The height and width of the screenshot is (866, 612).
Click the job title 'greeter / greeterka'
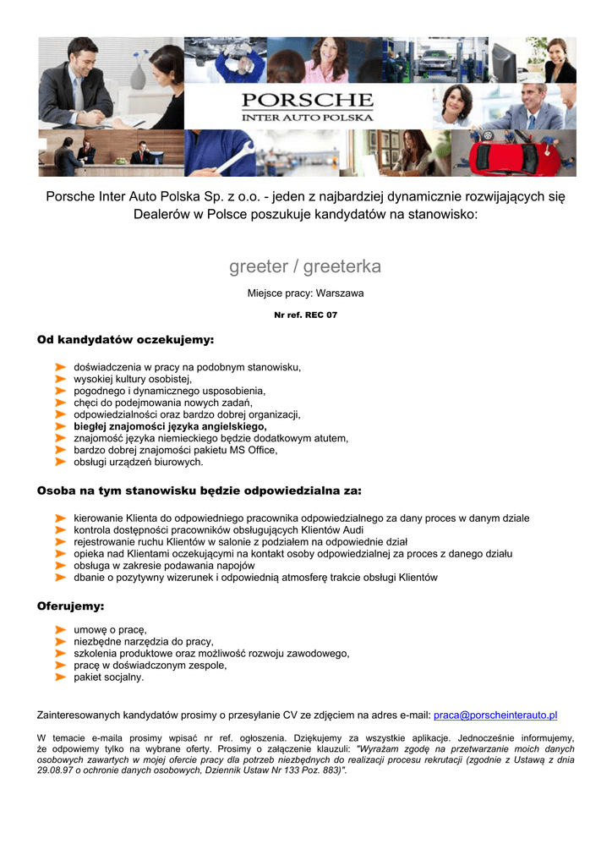(x=305, y=266)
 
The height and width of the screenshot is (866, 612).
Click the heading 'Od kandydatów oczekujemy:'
(x=125, y=340)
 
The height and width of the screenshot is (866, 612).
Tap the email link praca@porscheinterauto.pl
(x=495, y=715)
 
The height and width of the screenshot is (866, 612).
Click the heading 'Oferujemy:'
(x=70, y=606)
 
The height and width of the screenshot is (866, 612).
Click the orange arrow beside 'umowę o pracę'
(x=61, y=630)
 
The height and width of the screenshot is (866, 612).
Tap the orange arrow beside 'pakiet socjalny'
(x=61, y=677)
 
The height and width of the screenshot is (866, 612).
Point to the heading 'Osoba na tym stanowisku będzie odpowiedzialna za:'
(x=199, y=491)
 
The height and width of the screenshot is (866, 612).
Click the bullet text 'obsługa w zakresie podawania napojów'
(x=164, y=565)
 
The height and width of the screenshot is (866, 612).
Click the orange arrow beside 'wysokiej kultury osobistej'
(x=61, y=380)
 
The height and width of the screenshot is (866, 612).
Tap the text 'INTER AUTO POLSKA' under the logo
(x=307, y=118)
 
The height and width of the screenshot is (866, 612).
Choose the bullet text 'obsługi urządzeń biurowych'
(x=139, y=463)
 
